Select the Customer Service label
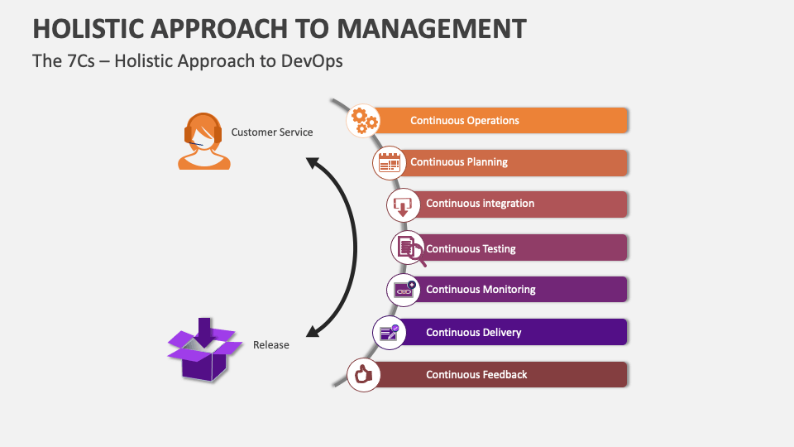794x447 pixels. point(272,132)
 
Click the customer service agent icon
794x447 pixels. point(203,142)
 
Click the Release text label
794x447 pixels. point(271,344)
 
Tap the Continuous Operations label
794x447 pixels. point(465,120)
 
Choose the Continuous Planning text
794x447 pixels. point(459,162)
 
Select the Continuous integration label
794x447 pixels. point(480,204)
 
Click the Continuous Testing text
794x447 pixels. point(471,248)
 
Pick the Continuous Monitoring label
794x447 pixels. point(481,290)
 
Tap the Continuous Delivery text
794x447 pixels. point(473,332)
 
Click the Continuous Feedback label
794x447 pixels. point(476,374)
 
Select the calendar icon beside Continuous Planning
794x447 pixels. point(389,162)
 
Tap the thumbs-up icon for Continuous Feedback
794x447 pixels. point(362,375)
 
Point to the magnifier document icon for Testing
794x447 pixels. point(409,248)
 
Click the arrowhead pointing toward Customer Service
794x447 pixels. point(313,162)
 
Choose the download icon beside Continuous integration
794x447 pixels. point(403,204)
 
